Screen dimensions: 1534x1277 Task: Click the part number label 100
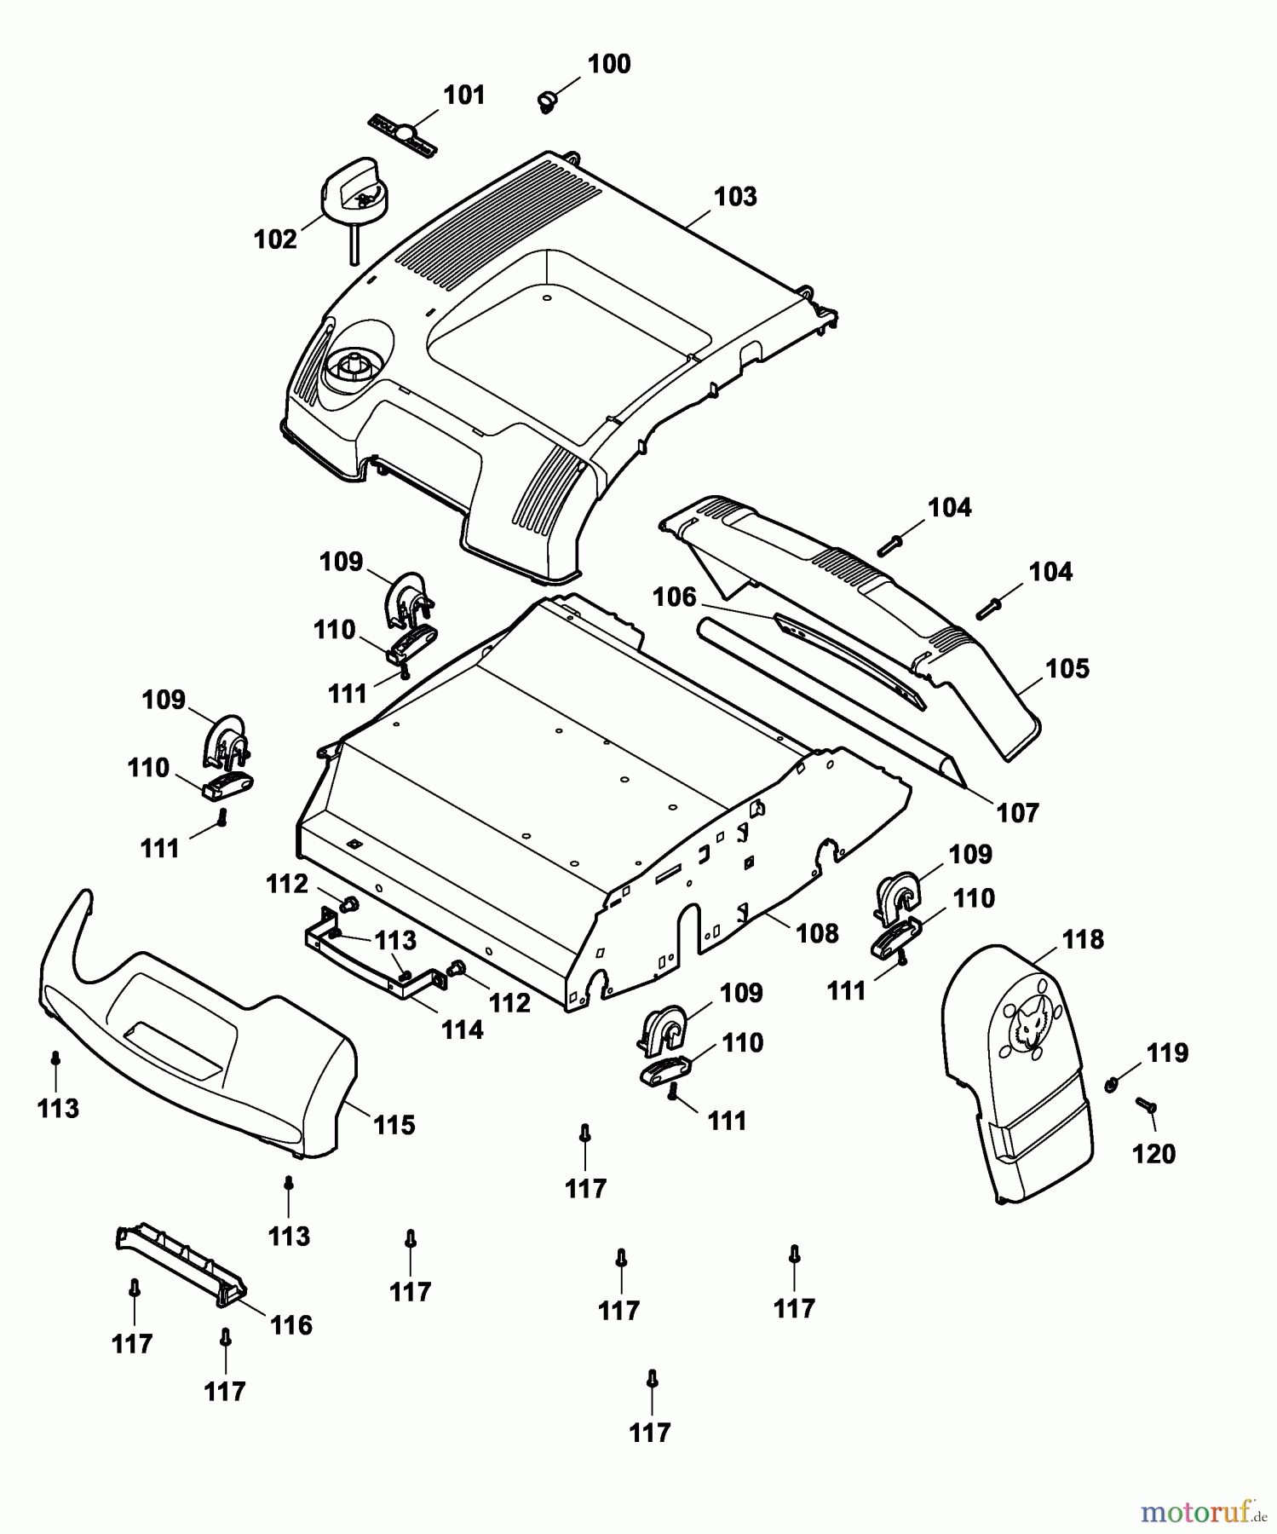click(609, 65)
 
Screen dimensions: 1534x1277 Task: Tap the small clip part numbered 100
click(546, 101)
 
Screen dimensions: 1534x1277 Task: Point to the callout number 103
click(735, 197)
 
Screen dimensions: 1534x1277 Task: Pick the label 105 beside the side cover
click(1067, 669)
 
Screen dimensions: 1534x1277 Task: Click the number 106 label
click(675, 597)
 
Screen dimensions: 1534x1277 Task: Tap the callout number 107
click(1018, 813)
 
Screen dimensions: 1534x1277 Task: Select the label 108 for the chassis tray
click(817, 934)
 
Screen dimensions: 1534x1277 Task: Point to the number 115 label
click(394, 1125)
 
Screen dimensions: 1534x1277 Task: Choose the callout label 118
click(1082, 940)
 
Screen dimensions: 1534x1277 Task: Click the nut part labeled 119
click(1111, 1084)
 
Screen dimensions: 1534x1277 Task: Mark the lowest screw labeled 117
click(652, 1380)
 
